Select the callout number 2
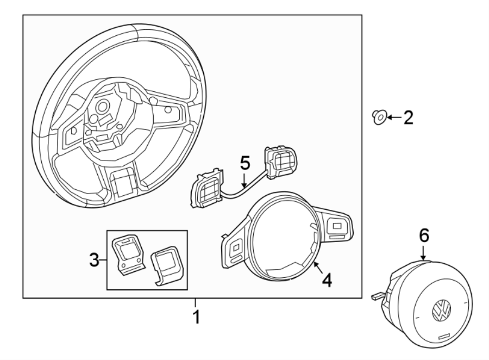(407, 116)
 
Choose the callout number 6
(424, 235)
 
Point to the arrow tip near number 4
(315, 263)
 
